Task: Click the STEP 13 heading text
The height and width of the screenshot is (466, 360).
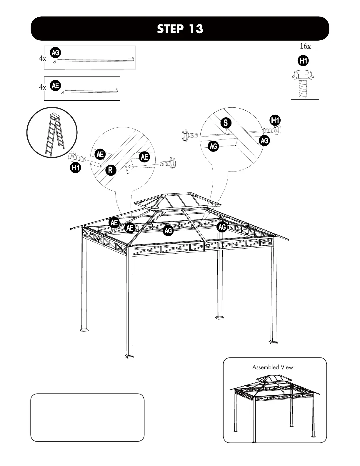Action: point(180,29)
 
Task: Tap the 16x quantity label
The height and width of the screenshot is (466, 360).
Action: point(305,46)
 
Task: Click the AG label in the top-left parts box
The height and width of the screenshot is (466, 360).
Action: point(55,53)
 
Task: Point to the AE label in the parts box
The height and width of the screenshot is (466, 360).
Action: point(55,85)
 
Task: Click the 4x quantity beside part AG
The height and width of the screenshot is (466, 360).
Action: point(42,59)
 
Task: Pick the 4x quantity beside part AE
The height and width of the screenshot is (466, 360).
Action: point(42,87)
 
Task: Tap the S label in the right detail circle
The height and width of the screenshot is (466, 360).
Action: point(226,123)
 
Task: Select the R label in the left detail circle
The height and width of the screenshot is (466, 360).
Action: point(111,170)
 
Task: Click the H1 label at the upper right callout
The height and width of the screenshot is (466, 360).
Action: point(275,120)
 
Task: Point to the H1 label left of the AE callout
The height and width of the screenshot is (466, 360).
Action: point(76,168)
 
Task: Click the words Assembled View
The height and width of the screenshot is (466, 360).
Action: point(273,367)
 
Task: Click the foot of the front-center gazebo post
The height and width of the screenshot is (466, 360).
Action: point(129,356)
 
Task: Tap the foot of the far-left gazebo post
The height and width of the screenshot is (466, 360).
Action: point(84,329)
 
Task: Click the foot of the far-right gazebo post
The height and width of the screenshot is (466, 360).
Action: point(273,342)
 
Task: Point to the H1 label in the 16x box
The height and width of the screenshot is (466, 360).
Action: point(303,61)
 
